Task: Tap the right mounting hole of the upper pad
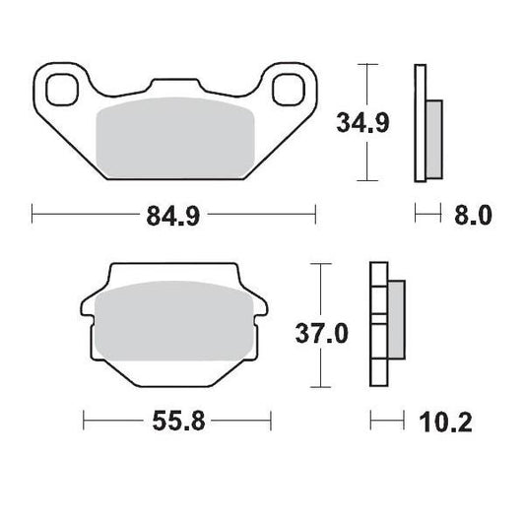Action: coord(288,88)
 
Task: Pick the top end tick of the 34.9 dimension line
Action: coord(367,65)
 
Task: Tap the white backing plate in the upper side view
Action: coord(421,123)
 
